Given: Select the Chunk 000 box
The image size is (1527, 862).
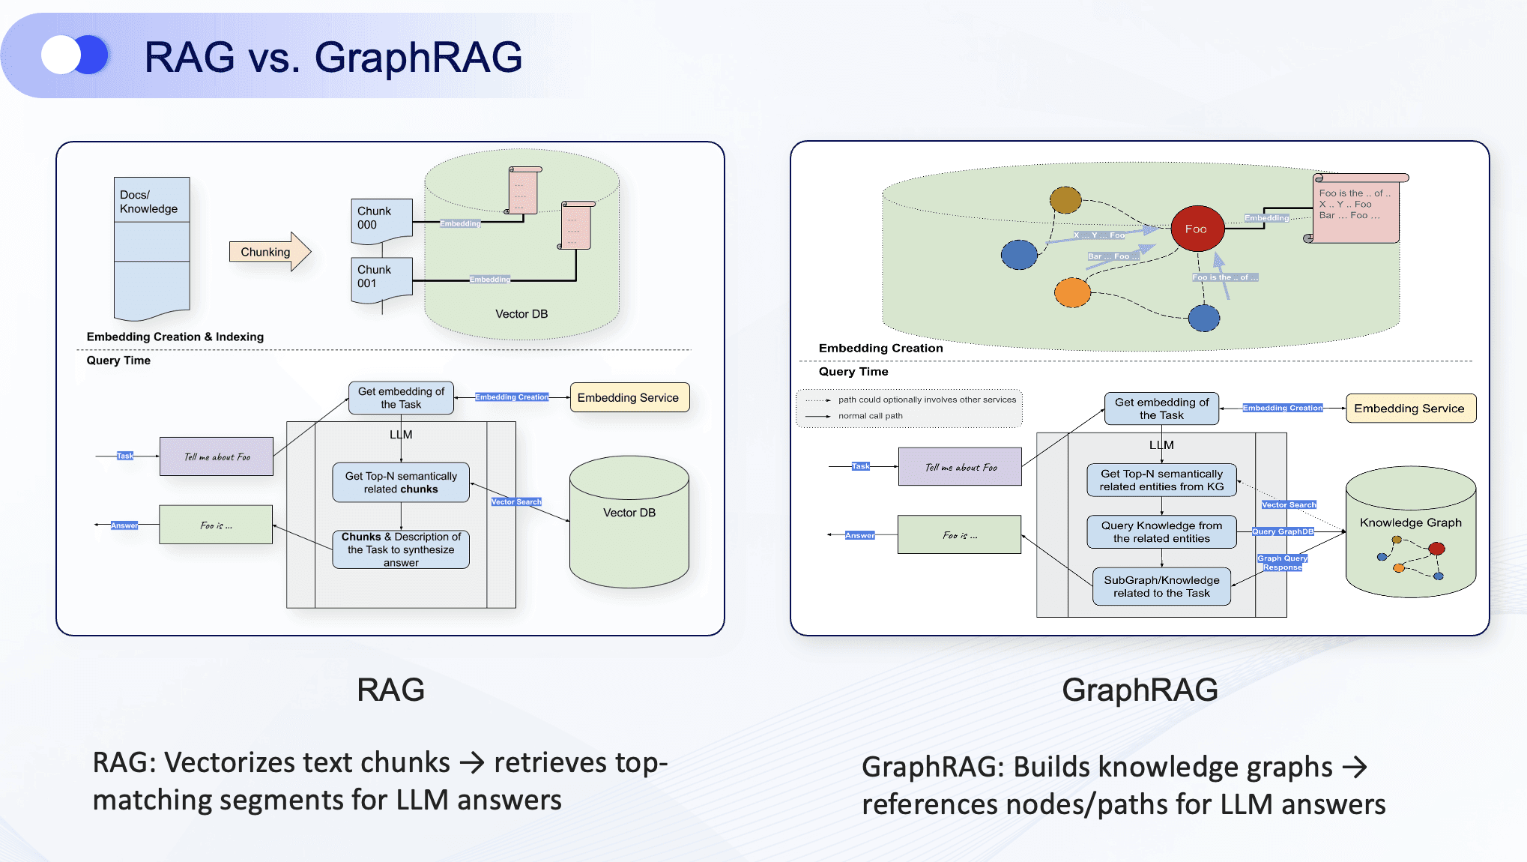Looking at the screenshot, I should point(381,219).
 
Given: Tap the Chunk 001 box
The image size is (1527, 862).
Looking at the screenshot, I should point(381,277).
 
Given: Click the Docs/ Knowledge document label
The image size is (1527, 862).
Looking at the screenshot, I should point(149,202).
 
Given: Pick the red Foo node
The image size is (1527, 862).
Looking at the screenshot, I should point(1196,229).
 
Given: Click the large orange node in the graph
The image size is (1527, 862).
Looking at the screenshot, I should point(1072,292).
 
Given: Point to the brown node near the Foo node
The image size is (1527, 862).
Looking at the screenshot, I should point(1065,200).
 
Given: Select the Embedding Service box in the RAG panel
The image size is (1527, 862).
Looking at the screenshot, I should point(628,398).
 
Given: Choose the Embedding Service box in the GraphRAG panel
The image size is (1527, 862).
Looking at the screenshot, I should point(1409,409).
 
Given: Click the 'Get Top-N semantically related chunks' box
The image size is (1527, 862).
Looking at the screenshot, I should point(401,483).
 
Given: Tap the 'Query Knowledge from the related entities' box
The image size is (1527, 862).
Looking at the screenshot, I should point(1161,531).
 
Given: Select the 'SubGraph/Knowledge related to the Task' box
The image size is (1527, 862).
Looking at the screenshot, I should point(1161,586).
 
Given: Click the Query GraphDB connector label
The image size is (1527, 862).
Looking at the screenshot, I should point(1283,531).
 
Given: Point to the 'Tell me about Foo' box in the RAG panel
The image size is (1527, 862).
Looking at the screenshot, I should point(217,456).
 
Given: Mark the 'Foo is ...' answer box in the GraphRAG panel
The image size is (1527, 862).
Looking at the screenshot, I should point(959,535).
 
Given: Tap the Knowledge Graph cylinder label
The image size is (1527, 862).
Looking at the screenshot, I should point(1410,522).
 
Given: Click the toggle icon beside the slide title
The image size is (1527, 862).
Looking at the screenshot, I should point(75,55).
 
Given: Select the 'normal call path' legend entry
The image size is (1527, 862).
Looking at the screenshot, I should point(870,416).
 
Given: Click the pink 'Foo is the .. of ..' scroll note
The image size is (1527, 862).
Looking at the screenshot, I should point(1355,210).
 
